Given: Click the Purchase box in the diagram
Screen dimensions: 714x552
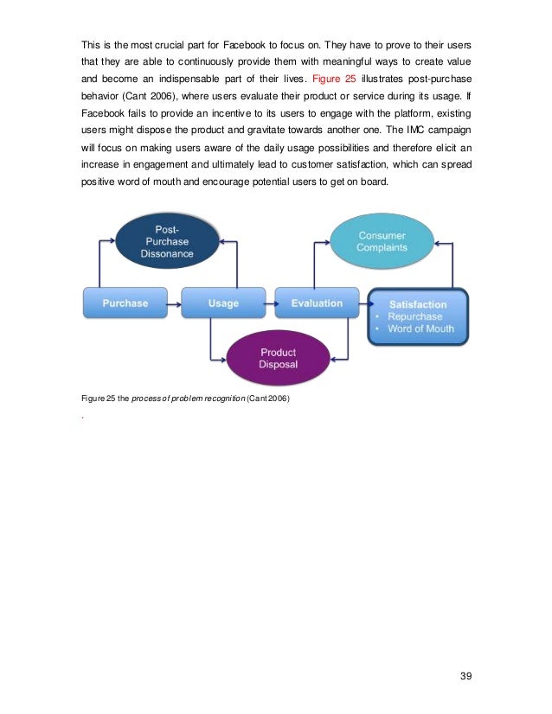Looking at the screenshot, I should (x=125, y=303).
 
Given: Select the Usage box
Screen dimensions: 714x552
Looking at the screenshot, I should (x=223, y=303).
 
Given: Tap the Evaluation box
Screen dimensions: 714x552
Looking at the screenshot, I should (x=317, y=303).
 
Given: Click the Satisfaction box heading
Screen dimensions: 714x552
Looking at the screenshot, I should (x=418, y=304).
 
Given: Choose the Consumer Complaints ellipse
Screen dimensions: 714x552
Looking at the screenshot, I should (x=382, y=241).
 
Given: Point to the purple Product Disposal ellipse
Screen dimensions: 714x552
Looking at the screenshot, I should (x=278, y=358).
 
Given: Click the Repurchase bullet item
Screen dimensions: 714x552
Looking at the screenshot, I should (x=415, y=316).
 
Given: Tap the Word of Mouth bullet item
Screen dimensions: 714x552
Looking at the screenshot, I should (x=421, y=329).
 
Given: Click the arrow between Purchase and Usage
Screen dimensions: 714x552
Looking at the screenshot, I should (x=174, y=303).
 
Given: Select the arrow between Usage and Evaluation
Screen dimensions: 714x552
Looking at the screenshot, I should (x=270, y=303).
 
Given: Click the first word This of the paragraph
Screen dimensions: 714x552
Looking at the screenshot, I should (x=91, y=44).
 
